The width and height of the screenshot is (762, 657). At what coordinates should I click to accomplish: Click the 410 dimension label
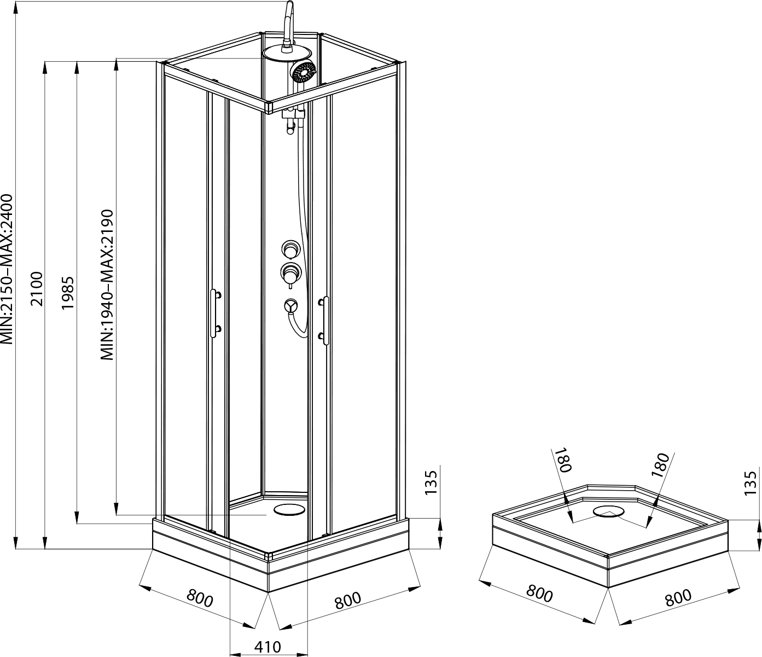pos(267,647)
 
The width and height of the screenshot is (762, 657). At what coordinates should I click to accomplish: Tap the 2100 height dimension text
pos(37,289)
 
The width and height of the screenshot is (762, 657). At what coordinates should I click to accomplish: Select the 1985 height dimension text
pos(68,293)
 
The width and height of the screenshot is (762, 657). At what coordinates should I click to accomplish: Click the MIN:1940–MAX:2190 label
pos(107,285)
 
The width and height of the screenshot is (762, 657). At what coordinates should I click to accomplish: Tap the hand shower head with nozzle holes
pos(303,72)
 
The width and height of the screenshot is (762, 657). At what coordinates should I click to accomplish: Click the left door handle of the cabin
pos(215,313)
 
